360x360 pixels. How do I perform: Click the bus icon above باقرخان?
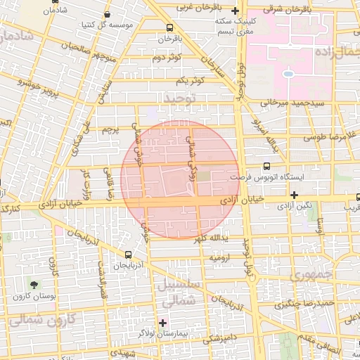[x=169, y=28]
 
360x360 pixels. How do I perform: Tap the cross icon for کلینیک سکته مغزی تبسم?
[x=235, y=11]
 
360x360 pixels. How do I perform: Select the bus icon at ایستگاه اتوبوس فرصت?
[x=266, y=167]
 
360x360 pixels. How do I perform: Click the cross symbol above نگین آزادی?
[x=294, y=194]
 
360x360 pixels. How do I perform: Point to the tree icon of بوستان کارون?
[x=34, y=284]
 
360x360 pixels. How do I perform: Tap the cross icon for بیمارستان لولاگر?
[x=163, y=323]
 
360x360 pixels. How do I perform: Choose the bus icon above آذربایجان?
[x=128, y=255]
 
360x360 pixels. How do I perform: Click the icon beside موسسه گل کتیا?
[x=107, y=13]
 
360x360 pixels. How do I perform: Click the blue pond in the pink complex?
[x=288, y=72]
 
